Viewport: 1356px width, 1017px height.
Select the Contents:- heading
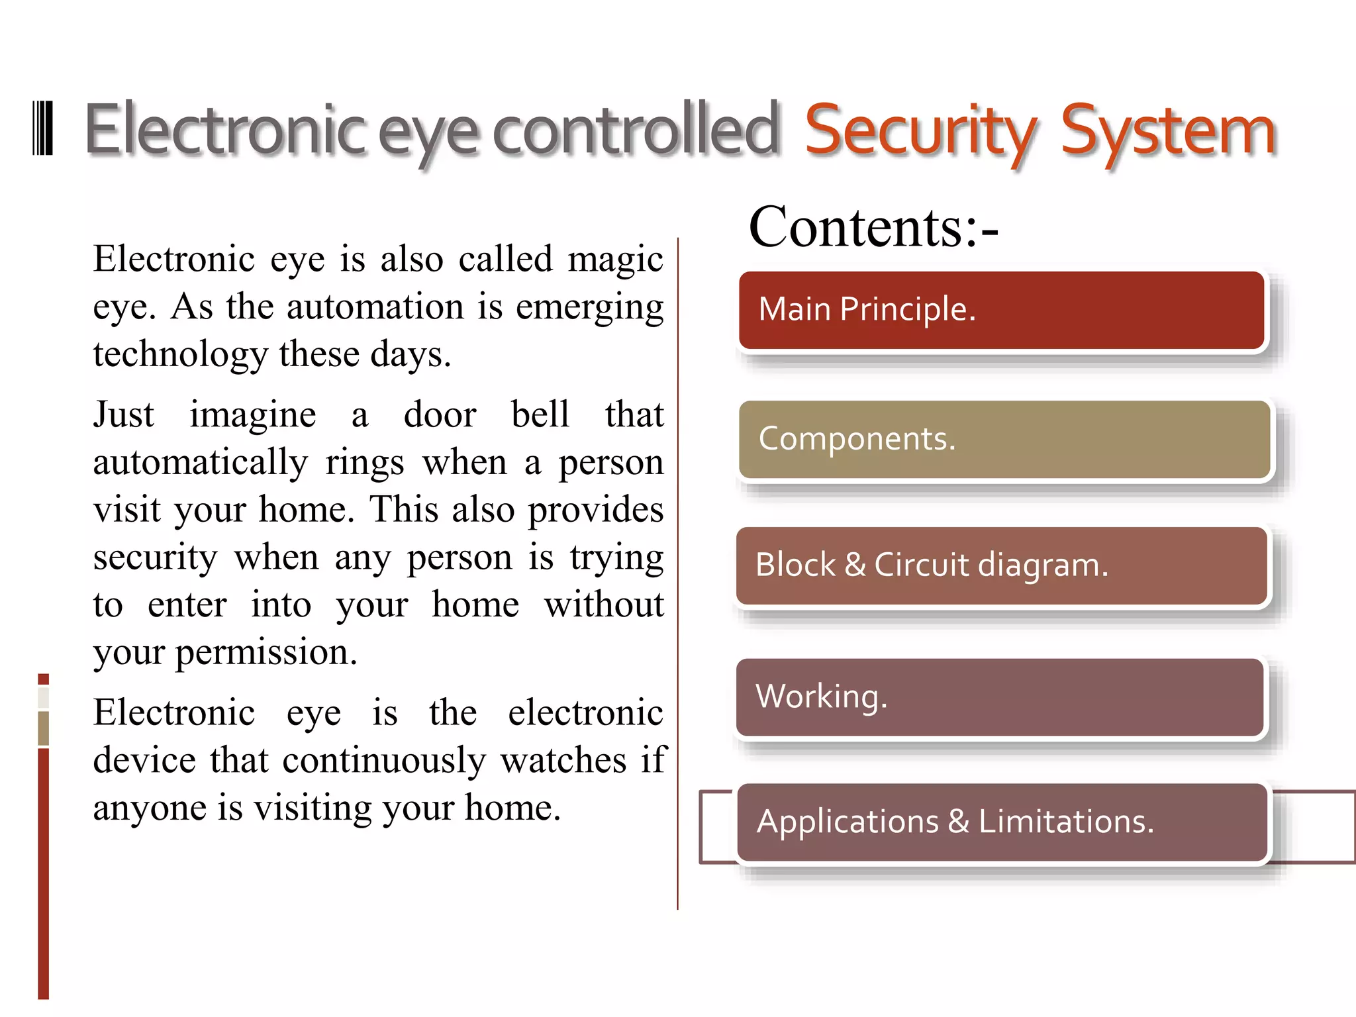point(873,227)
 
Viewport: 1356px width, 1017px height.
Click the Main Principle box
point(1001,310)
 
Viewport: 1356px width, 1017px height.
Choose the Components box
point(1004,439)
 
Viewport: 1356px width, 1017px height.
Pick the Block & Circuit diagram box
point(1001,565)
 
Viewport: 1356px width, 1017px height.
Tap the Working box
point(1000,697)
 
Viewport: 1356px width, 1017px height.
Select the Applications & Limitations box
point(1002,822)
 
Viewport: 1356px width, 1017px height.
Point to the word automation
point(375,307)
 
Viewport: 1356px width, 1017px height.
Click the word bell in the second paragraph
point(540,414)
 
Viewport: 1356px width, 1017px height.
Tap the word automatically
point(200,462)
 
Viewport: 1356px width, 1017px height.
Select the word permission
point(266,652)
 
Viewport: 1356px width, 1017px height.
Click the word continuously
point(383,760)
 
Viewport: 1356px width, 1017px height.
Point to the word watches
point(563,760)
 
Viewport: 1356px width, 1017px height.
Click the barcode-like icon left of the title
point(42,128)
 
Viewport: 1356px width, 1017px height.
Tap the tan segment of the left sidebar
point(44,728)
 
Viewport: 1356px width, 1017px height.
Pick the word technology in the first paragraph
point(180,354)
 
